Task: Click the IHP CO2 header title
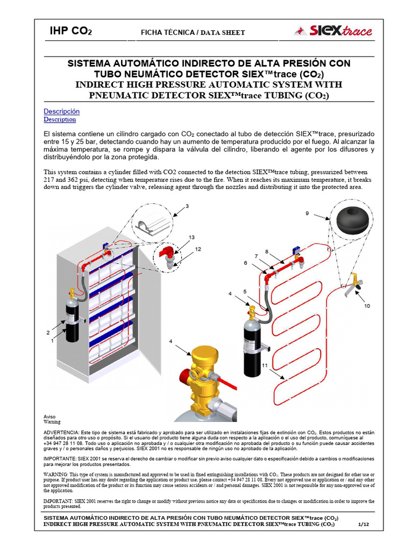(x=70, y=31)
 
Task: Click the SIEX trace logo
(x=333, y=31)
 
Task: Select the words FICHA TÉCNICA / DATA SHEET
(x=193, y=33)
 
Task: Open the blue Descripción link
(x=61, y=111)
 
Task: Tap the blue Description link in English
(x=60, y=119)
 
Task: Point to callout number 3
(x=187, y=206)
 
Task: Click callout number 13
(x=191, y=237)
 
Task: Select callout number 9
(x=307, y=214)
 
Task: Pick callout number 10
(x=367, y=306)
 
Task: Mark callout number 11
(x=265, y=365)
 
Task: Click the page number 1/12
(x=364, y=524)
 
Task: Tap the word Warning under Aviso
(x=52, y=422)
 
